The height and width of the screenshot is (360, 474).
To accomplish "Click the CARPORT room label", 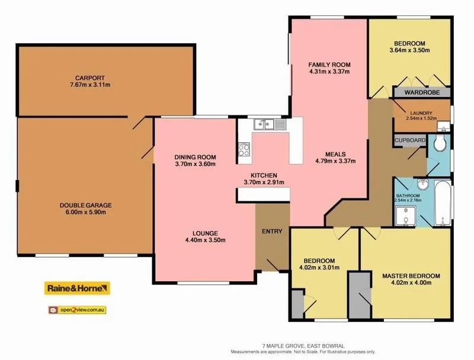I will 89,78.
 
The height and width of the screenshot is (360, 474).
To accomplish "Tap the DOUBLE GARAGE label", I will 85,205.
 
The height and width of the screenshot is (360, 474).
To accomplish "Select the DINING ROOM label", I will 194,157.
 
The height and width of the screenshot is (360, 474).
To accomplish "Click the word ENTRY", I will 272,231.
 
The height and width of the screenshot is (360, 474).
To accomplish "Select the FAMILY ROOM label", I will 329,65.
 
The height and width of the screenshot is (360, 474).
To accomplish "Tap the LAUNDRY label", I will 421,113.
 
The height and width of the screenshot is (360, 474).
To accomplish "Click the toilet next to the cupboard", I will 440,144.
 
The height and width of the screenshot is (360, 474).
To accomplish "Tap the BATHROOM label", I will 408,196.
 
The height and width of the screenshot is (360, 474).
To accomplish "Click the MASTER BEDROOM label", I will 411,277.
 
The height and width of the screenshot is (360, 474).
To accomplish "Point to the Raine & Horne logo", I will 78,288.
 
